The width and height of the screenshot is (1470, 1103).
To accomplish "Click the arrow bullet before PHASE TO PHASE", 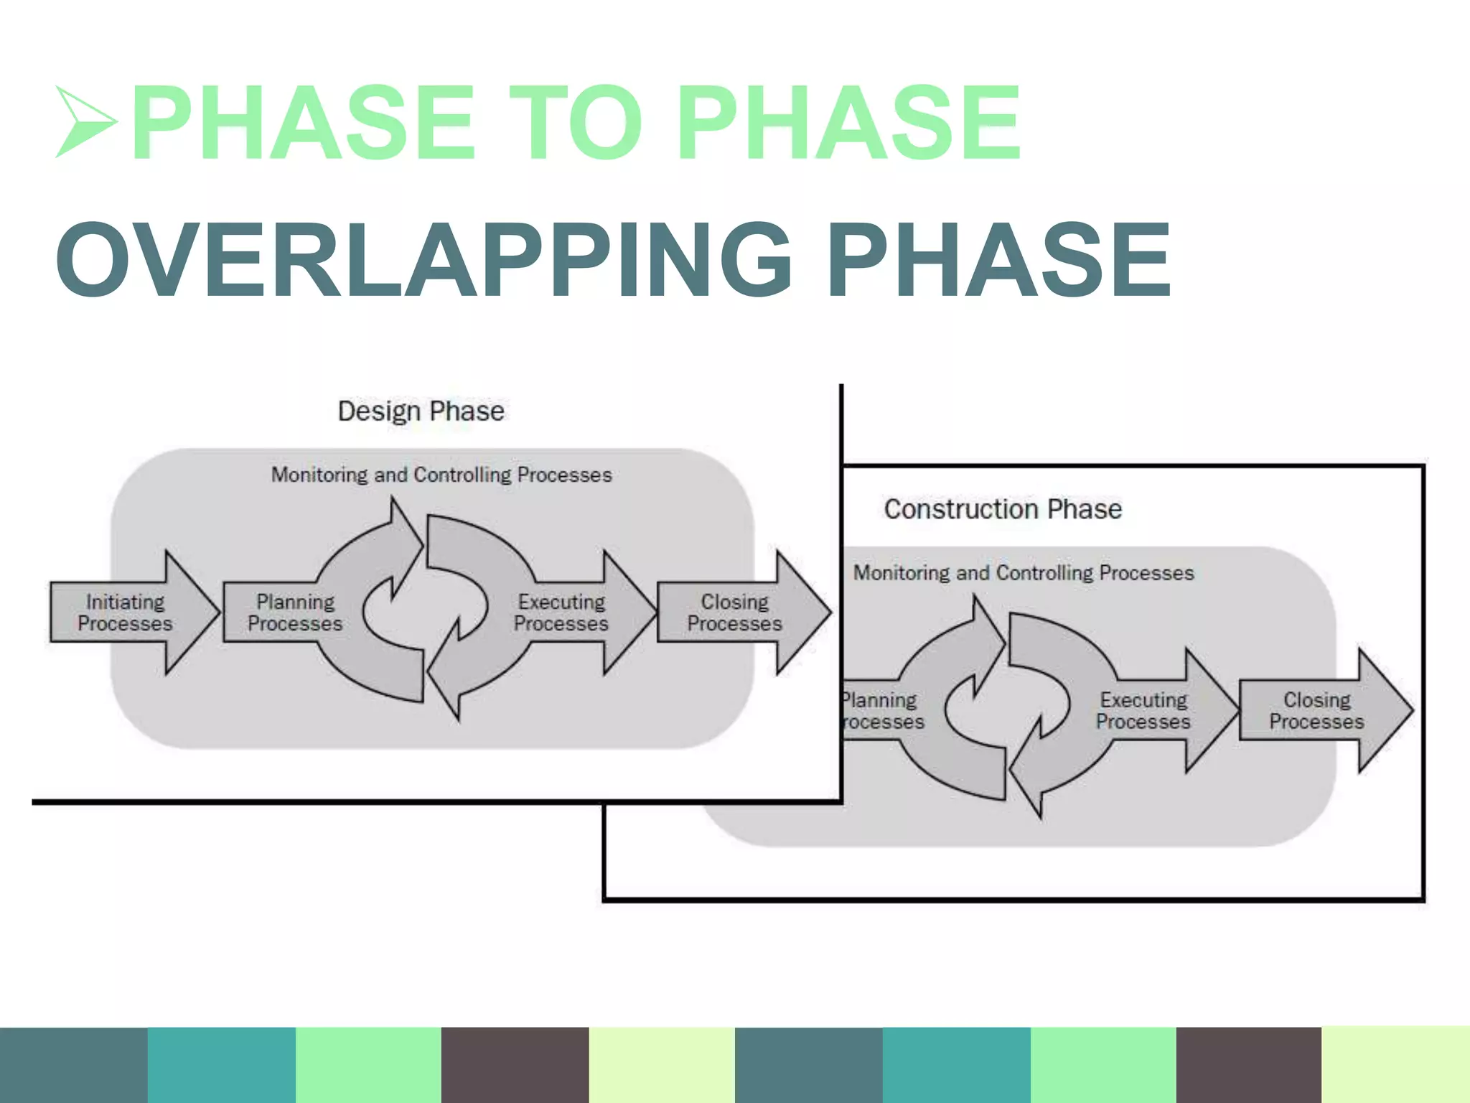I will pyautogui.click(x=85, y=122).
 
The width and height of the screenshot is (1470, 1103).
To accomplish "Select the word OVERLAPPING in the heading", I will pyautogui.click(x=423, y=260).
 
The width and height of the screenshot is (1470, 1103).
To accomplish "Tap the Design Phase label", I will pyautogui.click(x=421, y=411).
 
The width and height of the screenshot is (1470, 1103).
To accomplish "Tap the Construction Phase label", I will pyautogui.click(x=1003, y=509).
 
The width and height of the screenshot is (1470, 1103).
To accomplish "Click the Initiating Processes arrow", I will pyautogui.click(x=129, y=613).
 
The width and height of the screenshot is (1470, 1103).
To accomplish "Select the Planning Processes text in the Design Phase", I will pyautogui.click(x=295, y=613).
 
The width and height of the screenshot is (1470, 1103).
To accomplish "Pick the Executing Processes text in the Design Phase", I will pyautogui.click(x=561, y=613).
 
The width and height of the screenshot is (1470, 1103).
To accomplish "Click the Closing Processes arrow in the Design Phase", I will pyautogui.click(x=739, y=613).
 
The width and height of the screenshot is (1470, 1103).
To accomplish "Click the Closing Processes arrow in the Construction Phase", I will pyautogui.click(x=1321, y=711).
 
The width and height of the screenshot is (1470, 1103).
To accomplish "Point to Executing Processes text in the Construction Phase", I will pyautogui.click(x=1143, y=711).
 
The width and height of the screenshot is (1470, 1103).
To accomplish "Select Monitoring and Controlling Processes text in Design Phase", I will pyautogui.click(x=441, y=475).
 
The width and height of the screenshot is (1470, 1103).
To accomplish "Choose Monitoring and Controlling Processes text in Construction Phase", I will pyautogui.click(x=1024, y=573).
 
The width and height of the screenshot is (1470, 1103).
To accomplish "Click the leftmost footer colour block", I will pyautogui.click(x=73, y=1065).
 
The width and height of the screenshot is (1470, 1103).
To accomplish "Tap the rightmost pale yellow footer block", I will pyautogui.click(x=1395, y=1065).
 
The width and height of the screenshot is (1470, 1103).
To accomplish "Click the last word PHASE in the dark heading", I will pyautogui.click(x=999, y=260).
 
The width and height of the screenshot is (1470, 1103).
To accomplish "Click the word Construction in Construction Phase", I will pyautogui.click(x=961, y=509).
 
